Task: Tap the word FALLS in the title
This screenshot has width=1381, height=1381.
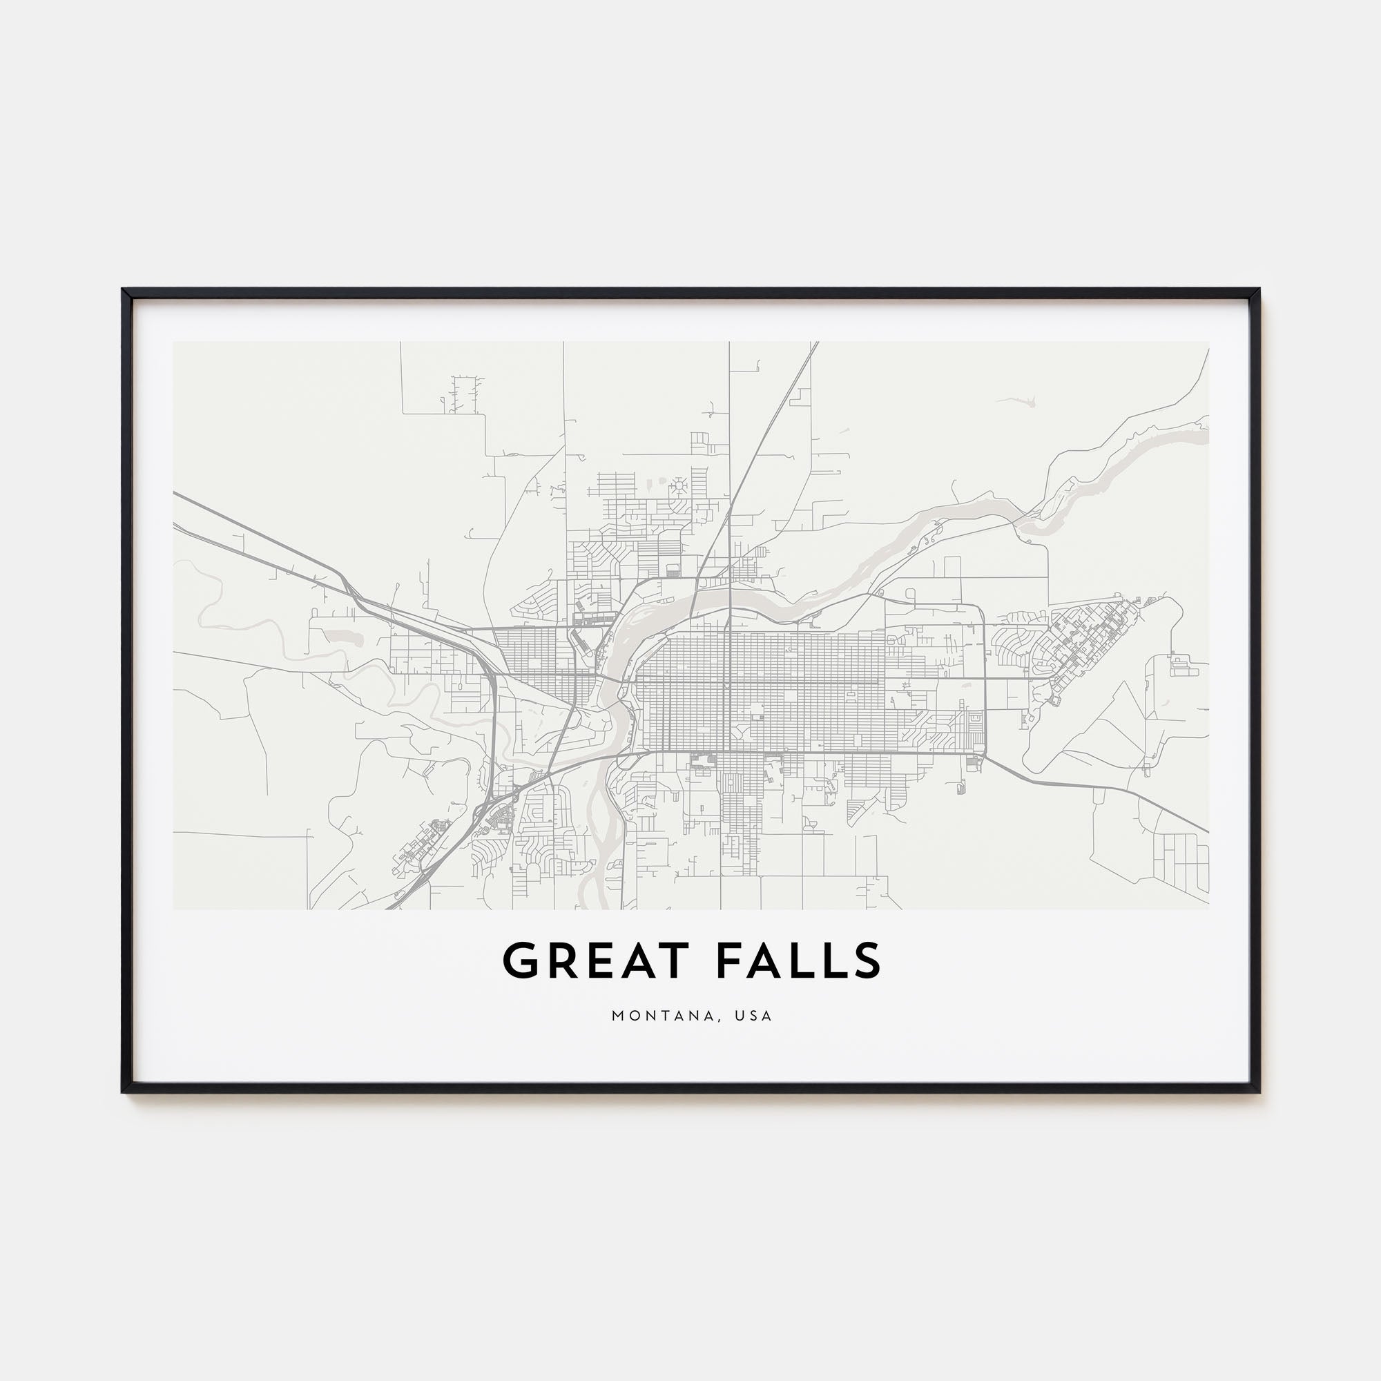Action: click(798, 960)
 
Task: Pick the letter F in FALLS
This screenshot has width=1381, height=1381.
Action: click(731, 960)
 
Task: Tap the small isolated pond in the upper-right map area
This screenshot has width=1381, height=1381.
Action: click(1028, 403)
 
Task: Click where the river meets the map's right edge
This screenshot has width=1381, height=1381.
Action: click(1206, 430)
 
